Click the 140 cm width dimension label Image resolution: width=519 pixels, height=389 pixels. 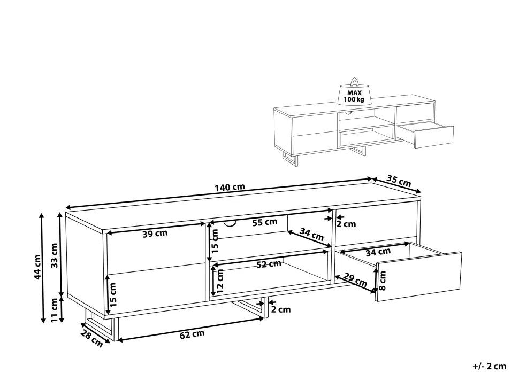(x=230, y=188)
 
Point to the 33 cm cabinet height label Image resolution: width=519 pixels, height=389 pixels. (x=55, y=255)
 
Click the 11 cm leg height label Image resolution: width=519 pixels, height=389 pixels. (x=55, y=310)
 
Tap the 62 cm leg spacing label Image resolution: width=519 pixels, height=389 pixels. (x=192, y=334)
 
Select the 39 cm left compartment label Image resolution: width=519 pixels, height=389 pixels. (x=155, y=234)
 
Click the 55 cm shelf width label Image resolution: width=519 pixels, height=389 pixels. (x=265, y=222)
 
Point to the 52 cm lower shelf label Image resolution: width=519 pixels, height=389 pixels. (x=269, y=264)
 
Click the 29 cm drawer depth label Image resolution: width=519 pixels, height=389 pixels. (x=355, y=279)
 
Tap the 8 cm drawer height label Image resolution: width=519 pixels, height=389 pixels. (x=382, y=281)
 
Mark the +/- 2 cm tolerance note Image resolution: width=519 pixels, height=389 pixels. (x=490, y=366)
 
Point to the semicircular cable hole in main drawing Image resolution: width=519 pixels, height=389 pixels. (x=230, y=224)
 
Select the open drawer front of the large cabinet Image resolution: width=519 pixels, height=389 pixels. (x=419, y=277)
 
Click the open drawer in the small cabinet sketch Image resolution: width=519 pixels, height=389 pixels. (x=426, y=135)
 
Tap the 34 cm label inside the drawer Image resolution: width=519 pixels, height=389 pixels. (x=378, y=252)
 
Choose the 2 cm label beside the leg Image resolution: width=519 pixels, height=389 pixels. (x=281, y=309)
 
